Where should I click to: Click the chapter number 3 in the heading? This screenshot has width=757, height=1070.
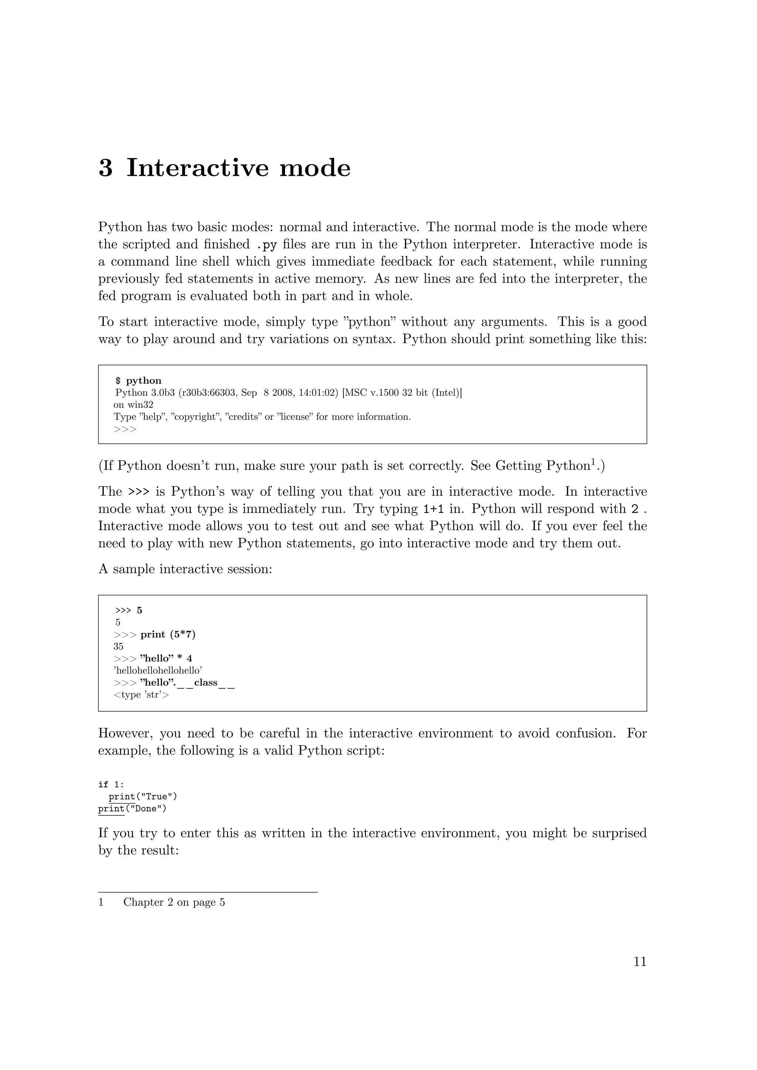[x=105, y=168]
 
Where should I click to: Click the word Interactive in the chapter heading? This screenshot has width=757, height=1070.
[x=197, y=168]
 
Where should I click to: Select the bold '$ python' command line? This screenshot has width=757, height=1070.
[x=139, y=381]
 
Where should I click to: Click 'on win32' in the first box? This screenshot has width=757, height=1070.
[x=133, y=405]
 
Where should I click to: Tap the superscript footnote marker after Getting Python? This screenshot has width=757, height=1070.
[x=593, y=462]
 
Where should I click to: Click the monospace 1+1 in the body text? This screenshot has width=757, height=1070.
[x=433, y=509]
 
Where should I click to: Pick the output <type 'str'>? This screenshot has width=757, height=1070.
[x=141, y=695]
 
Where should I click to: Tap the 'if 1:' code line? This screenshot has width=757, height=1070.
[x=111, y=785]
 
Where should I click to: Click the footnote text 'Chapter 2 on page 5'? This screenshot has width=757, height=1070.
[x=174, y=903]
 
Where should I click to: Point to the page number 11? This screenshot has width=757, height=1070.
[x=640, y=961]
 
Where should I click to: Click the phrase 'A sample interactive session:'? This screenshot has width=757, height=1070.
[x=185, y=569]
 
